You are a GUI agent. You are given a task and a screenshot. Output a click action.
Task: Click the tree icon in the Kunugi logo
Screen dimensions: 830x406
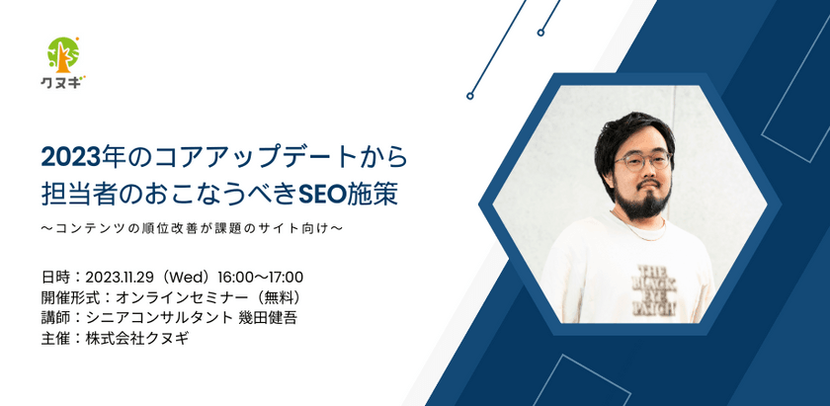pyautogui.click(x=63, y=55)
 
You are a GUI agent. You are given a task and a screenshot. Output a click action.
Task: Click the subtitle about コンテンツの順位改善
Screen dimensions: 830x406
pyautogui.click(x=192, y=229)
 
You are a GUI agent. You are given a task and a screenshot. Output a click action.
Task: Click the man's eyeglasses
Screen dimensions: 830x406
pyautogui.click(x=642, y=160)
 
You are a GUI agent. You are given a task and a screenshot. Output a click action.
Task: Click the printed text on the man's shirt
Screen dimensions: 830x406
pyautogui.click(x=653, y=289)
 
